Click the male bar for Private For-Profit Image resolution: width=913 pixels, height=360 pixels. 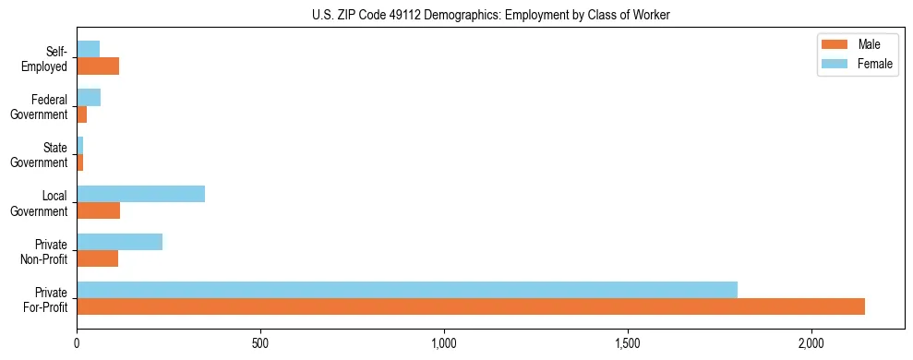tap(471, 306)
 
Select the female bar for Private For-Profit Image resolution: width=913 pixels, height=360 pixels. tap(407, 290)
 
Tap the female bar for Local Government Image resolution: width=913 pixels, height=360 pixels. tap(140, 194)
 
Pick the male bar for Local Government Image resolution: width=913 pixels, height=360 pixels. tap(98, 210)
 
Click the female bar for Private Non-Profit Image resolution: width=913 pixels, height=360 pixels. tap(119, 242)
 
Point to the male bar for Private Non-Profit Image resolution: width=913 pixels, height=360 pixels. tap(97, 258)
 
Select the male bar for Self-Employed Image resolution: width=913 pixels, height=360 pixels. tap(98, 66)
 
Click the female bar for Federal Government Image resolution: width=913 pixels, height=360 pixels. tap(89, 98)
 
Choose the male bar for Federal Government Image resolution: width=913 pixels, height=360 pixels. tap(81, 114)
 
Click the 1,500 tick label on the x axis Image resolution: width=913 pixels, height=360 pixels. tap(628, 343)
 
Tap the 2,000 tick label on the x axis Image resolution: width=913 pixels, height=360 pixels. tap(811, 343)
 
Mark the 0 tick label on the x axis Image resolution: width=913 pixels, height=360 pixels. tap(77, 343)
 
